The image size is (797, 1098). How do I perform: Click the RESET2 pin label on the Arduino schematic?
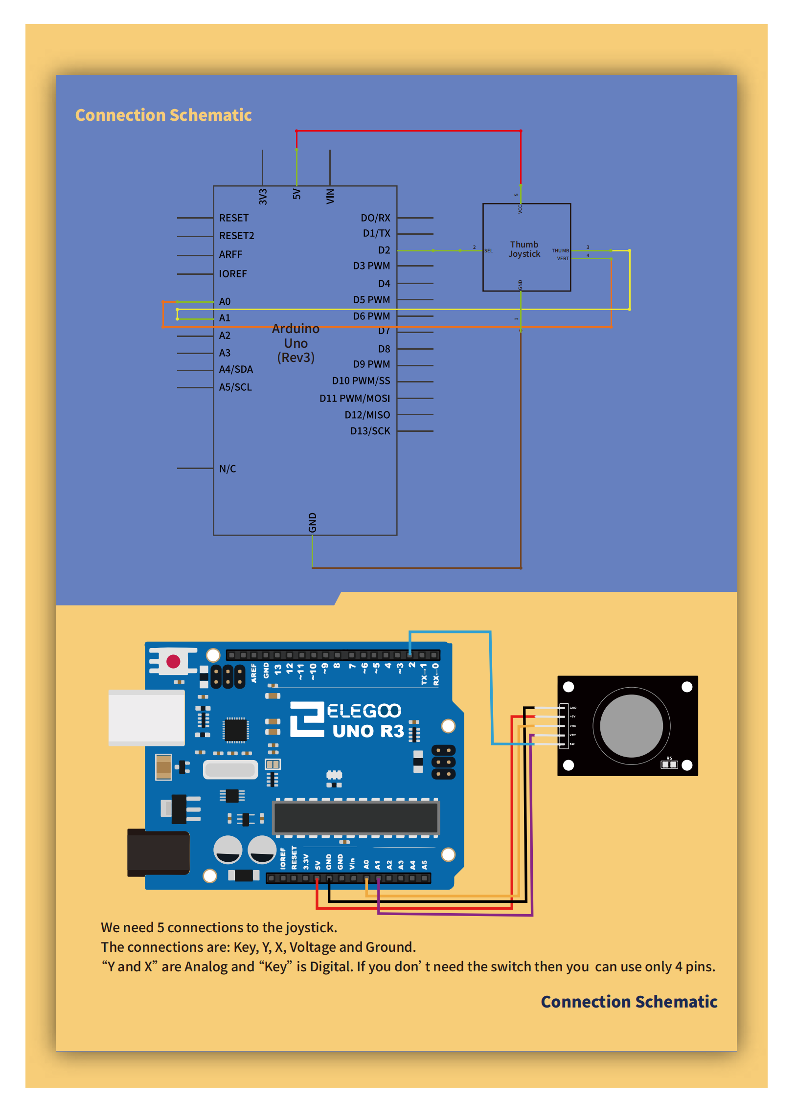point(236,236)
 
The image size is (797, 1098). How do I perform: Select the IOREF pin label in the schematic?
point(232,274)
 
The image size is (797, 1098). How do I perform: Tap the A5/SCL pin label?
point(235,387)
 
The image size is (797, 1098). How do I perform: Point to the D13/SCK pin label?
point(370,431)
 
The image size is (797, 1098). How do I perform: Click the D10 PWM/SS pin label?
point(361,381)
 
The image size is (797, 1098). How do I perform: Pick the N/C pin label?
point(228,469)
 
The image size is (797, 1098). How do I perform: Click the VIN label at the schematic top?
point(330,196)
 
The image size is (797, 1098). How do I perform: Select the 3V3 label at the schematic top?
point(263,196)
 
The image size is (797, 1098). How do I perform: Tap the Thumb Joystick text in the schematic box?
point(524,249)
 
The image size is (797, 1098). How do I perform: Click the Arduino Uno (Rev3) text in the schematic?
point(296,343)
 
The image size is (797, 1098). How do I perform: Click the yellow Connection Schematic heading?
point(163,115)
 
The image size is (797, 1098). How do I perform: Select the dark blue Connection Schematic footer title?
point(629,1002)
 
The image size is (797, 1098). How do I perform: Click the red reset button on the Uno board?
point(173,661)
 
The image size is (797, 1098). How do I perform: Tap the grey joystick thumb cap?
point(631,726)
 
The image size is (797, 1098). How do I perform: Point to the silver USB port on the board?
point(146,717)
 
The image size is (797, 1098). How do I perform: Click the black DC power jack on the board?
point(158,852)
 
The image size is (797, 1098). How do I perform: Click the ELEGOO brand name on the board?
point(364,711)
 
